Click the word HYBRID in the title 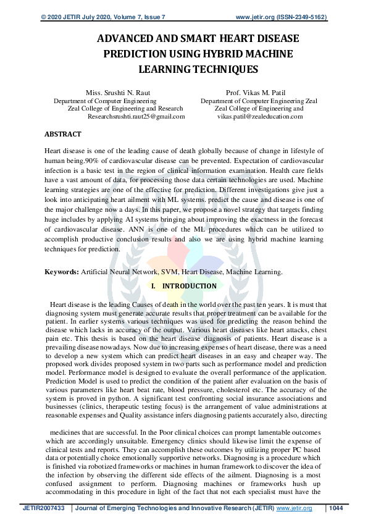[x=232, y=54]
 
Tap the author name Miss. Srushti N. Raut [x=114, y=93]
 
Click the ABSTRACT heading [x=62, y=134]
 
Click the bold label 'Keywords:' [x=61, y=272]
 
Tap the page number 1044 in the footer [x=337, y=508]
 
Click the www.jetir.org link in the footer [x=294, y=508]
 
